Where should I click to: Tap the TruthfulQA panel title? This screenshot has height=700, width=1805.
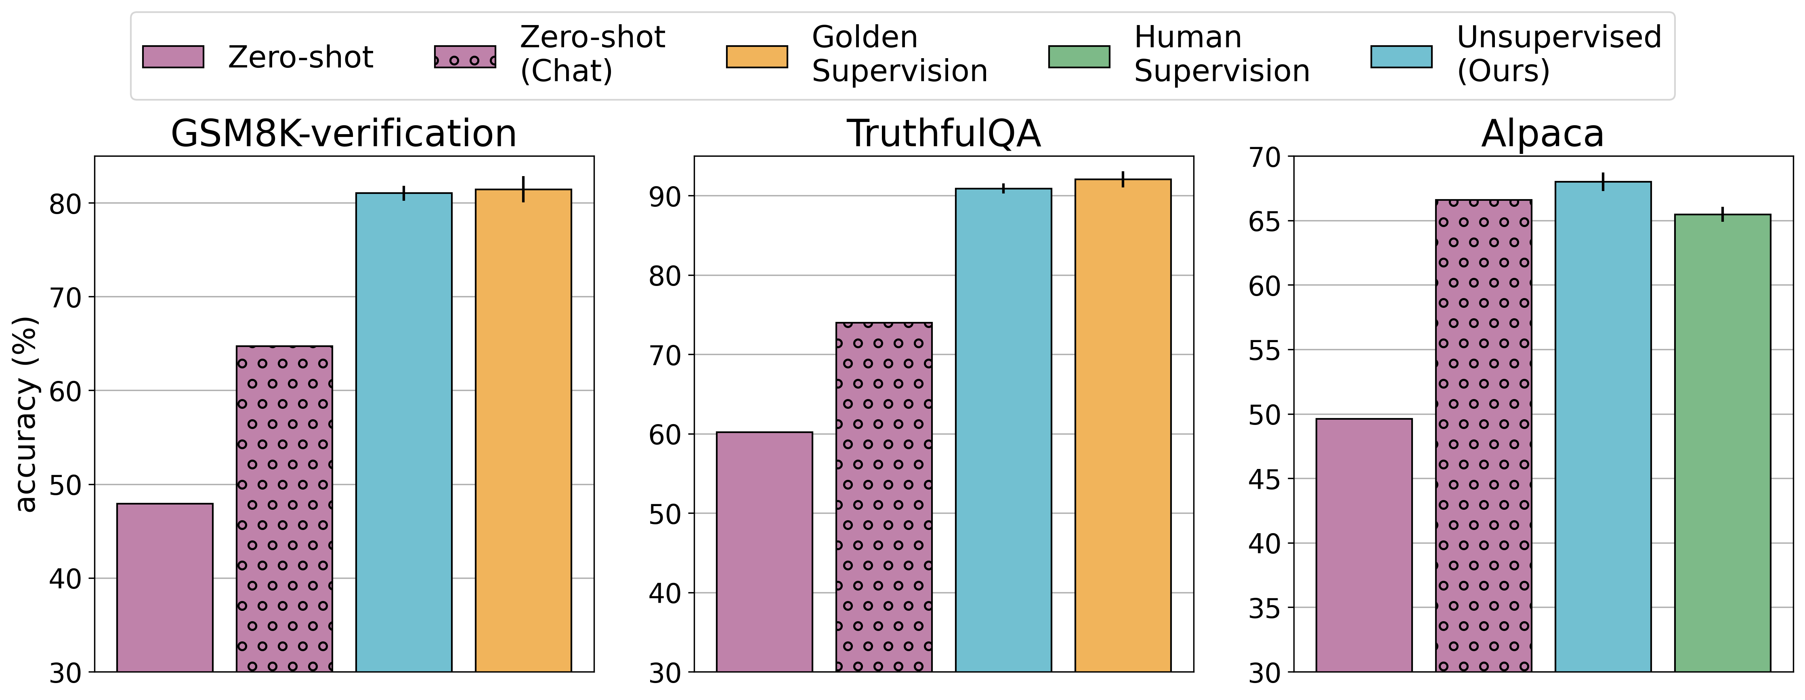click(x=943, y=133)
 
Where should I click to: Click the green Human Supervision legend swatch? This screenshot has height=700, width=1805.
click(x=1079, y=57)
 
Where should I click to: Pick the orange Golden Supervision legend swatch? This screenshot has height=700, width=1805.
click(x=757, y=57)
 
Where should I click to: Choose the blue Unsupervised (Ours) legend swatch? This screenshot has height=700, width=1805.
click(x=1401, y=57)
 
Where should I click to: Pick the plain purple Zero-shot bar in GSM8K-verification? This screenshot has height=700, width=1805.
click(x=165, y=587)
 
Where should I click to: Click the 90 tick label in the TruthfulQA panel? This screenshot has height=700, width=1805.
click(x=664, y=197)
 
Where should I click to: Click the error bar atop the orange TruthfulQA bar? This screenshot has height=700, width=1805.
click(x=1123, y=179)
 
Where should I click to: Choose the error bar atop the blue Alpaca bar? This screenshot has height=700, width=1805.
click(x=1603, y=181)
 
